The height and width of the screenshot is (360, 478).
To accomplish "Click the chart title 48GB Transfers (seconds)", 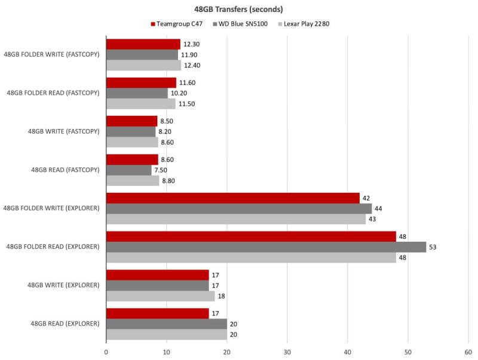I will [x=238, y=10].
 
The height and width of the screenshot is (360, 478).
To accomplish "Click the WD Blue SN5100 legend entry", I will [x=239, y=24].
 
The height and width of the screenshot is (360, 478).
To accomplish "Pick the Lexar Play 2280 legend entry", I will [x=304, y=24].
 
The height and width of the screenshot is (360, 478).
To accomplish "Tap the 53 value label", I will [x=433, y=247].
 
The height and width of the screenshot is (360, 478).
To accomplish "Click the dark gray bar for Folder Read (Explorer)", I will [x=266, y=247].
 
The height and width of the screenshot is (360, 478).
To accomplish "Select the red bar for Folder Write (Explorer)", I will [x=233, y=198].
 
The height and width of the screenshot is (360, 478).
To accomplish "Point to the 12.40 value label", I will [x=192, y=65].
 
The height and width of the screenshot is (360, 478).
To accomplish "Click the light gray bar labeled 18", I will [x=161, y=296].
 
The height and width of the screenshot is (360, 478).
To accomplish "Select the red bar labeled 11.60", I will [x=141, y=82].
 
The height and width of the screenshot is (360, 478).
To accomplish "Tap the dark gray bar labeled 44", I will [x=239, y=208].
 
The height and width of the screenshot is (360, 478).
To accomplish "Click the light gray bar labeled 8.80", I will [x=133, y=180].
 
